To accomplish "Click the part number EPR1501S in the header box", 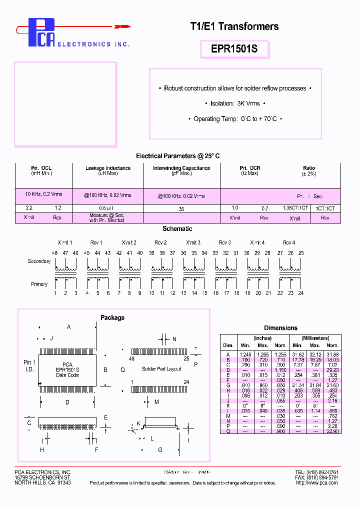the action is pyautogui.click(x=234, y=50).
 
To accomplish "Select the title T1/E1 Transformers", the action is pyautogui.click(x=234, y=26).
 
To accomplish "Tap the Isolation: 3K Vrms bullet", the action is pyautogui.click(x=234, y=103).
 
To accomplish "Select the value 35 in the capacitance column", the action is pyautogui.click(x=181, y=209).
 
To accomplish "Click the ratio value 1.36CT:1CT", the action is pyautogui.click(x=295, y=207).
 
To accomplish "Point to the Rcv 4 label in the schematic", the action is pyautogui.click(x=289, y=242).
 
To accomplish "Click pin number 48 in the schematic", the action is pyautogui.click(x=55, y=253).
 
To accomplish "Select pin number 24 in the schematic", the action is pyautogui.click(x=301, y=293).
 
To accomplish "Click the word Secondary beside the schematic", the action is pyautogui.click(x=39, y=261).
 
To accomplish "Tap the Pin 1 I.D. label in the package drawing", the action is pyautogui.click(x=29, y=365).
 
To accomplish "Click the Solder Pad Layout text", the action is pyautogui.click(x=161, y=369).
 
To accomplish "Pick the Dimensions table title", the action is pyautogui.click(x=280, y=328).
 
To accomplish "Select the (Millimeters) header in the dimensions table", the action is pyautogui.click(x=315, y=338).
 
